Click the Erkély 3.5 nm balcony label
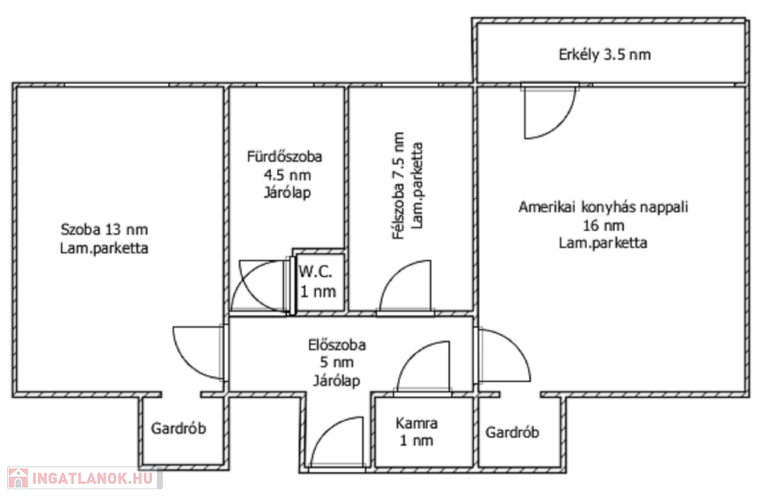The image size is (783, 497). pos(604,54)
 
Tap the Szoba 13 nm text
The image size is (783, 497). pos(104,229)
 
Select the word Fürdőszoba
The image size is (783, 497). pos(284,157)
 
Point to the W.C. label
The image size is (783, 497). pos(315,272)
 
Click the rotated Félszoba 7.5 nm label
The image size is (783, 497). pos(398,186)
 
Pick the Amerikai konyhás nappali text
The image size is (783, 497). pos(603,207)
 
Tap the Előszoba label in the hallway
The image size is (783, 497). pos(336,344)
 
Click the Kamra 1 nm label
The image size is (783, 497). pos(417,431)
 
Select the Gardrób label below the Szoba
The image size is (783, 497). pos(178,428)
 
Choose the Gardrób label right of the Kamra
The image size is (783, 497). pos(512,431)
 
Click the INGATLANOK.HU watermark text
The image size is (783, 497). pos(93,479)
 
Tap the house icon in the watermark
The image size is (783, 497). pos(18,478)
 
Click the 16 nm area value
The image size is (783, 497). pos(603,225)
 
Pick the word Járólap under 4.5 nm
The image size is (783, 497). pos(288,192)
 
